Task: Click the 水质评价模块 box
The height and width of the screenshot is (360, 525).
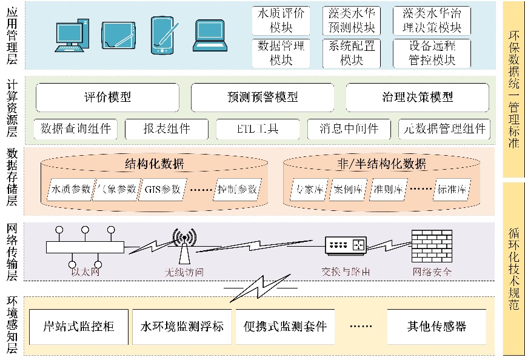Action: (x=281, y=21)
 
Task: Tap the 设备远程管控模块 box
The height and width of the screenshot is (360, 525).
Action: (x=432, y=53)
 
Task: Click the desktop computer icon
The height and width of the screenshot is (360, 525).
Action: (x=73, y=37)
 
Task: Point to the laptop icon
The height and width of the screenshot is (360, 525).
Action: (x=210, y=37)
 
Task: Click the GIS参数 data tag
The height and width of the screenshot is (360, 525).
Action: (x=163, y=190)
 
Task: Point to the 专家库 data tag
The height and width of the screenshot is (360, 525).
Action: (x=309, y=190)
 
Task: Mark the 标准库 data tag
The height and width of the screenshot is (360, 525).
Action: (x=453, y=190)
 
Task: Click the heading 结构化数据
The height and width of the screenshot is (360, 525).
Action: (x=155, y=164)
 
